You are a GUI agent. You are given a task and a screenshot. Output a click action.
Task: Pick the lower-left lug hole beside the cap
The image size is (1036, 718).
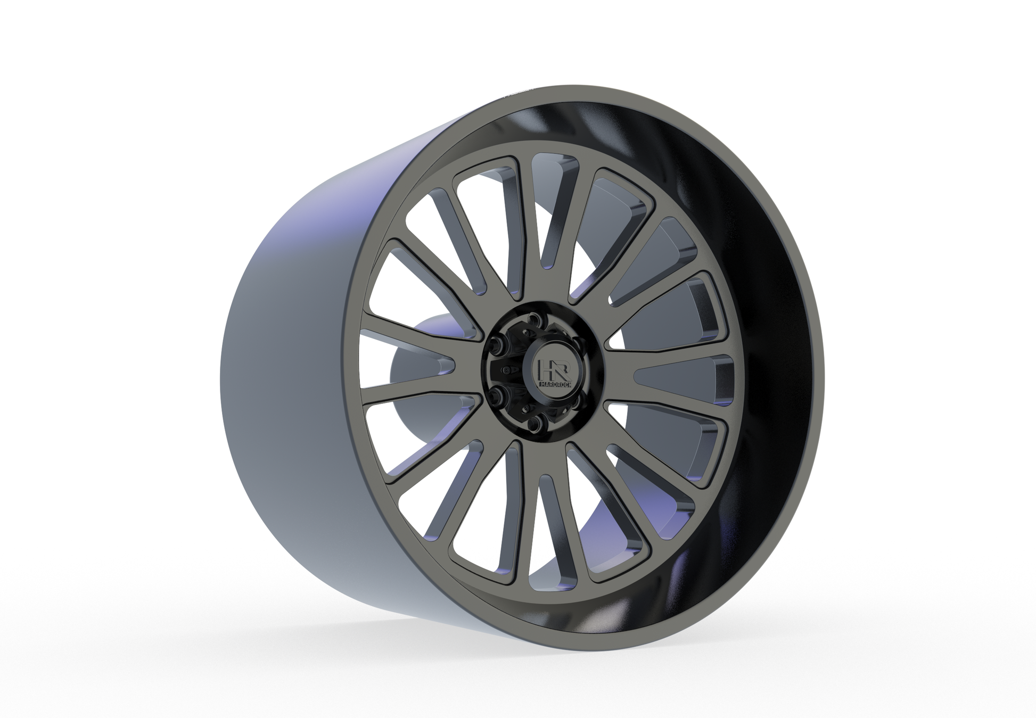[495, 394]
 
